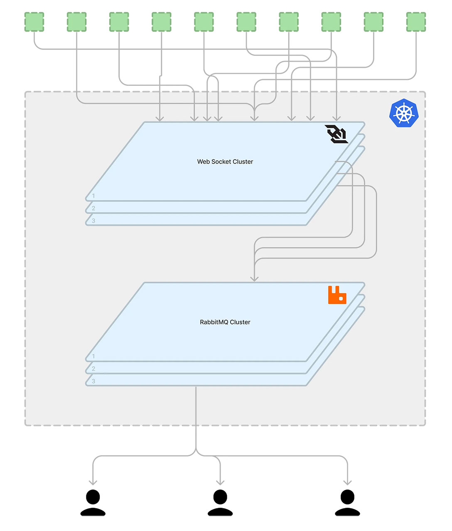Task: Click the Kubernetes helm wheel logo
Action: point(404,113)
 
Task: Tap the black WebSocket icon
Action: point(337,134)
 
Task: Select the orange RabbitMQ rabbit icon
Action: point(337,295)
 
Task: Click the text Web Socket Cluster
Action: point(225,161)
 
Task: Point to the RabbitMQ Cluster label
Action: point(225,322)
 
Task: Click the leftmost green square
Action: point(34,22)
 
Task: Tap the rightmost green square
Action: point(416,22)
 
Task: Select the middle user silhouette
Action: point(220,502)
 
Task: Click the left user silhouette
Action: point(93,502)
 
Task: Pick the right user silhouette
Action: point(347,502)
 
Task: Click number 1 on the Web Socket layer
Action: point(93,196)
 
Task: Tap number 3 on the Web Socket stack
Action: point(93,221)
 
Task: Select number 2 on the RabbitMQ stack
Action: point(93,369)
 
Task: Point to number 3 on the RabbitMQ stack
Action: point(93,381)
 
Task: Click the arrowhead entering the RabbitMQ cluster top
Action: point(254,279)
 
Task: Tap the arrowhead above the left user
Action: point(93,482)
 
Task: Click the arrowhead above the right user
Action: point(347,482)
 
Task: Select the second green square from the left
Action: point(76,22)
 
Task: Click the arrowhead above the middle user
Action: point(220,482)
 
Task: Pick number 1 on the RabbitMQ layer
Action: point(93,356)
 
